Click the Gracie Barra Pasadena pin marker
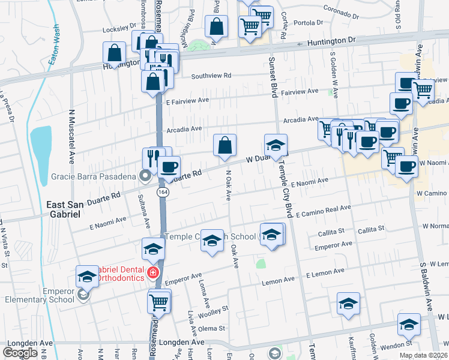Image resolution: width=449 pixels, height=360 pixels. pos(145,175)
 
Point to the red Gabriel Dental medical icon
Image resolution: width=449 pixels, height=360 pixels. pos(153,273)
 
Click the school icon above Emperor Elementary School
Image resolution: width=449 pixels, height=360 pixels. pos(87,276)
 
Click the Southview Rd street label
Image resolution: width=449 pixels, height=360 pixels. pos(211,76)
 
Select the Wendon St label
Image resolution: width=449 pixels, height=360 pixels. pos(397,344)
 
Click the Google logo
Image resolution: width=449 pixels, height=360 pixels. pos(20,353)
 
